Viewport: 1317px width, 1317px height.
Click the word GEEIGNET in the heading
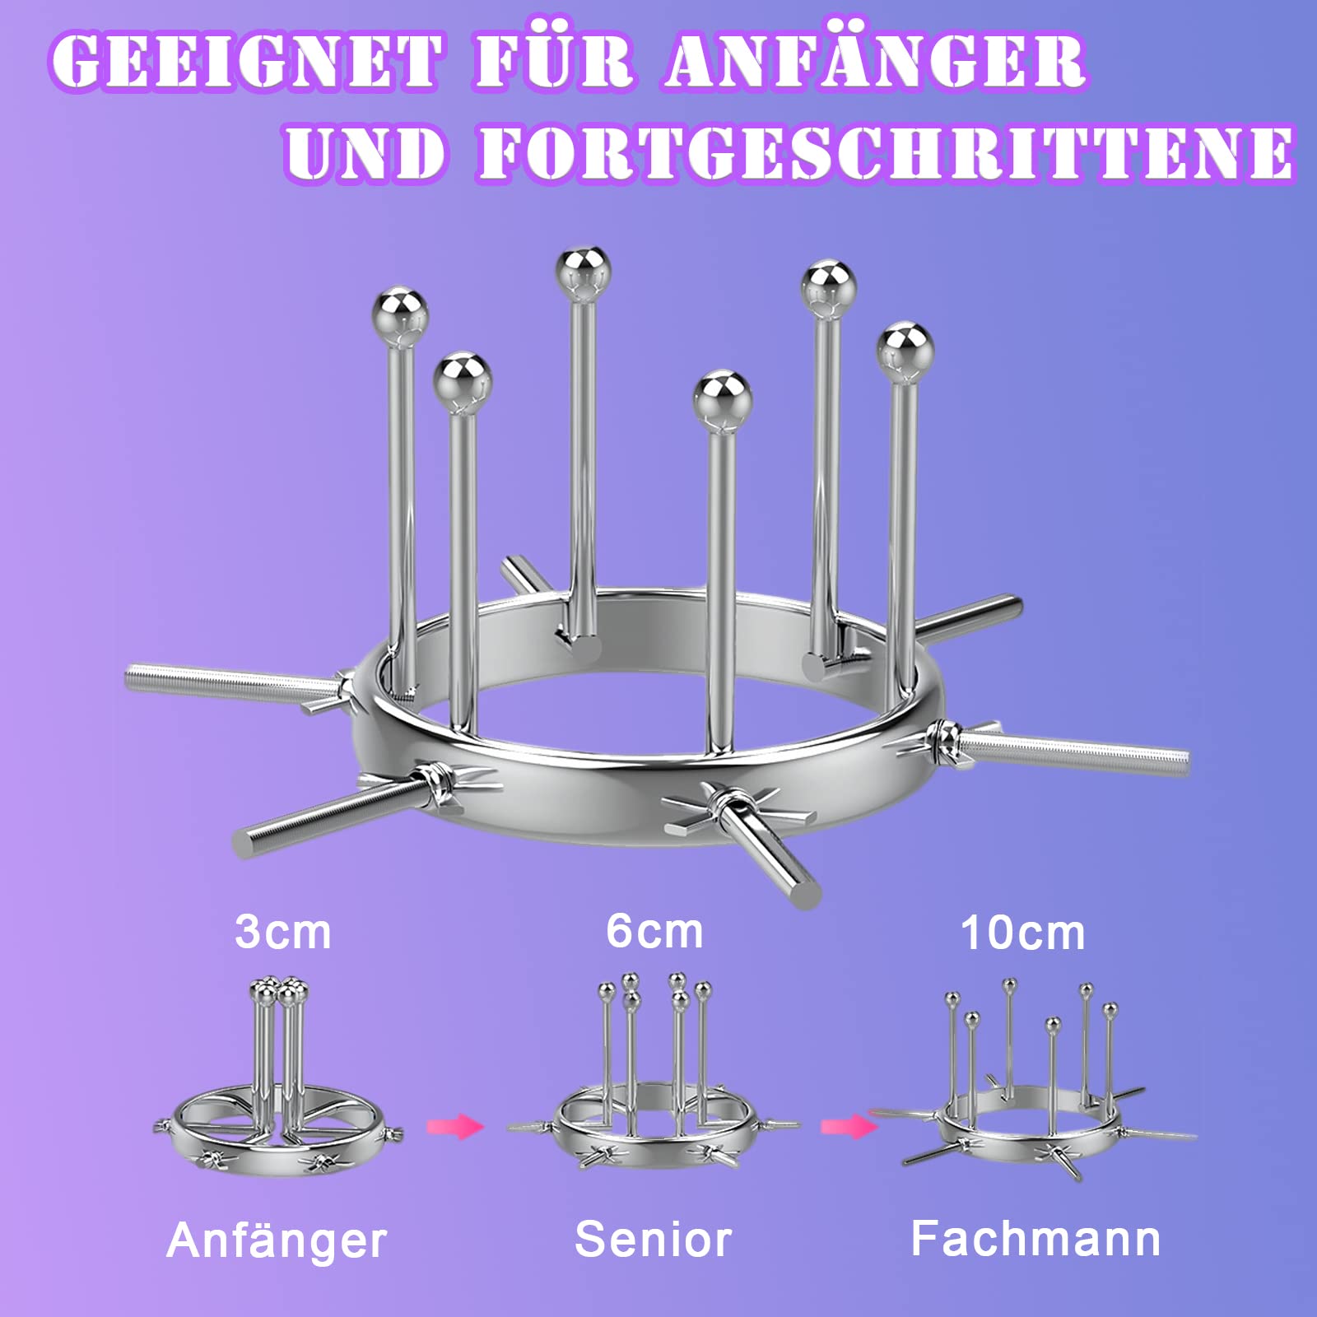click(246, 62)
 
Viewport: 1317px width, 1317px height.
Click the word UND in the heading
click(367, 153)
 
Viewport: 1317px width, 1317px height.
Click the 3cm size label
click(283, 933)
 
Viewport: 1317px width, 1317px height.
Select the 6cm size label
click(654, 932)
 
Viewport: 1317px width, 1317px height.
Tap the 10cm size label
click(1023, 933)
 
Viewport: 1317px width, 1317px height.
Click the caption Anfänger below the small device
click(277, 1240)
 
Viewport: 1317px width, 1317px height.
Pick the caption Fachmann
click(1035, 1238)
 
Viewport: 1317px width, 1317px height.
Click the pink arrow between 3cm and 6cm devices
click(455, 1125)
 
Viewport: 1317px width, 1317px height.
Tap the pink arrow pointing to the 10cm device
click(849, 1125)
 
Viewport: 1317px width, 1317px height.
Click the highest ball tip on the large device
click(583, 273)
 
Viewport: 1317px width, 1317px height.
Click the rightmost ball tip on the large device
click(905, 351)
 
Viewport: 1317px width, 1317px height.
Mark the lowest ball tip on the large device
click(722, 398)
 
